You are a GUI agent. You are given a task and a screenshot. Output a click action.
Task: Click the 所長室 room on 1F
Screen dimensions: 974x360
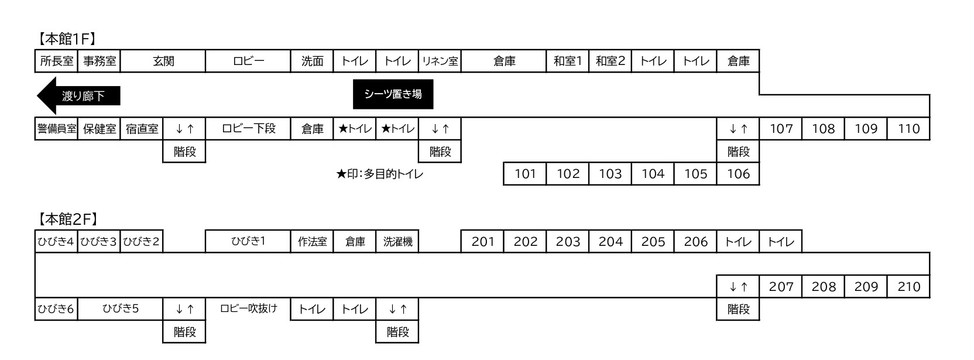(x=57, y=61)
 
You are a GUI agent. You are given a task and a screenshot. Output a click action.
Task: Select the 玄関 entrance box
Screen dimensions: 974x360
(x=163, y=61)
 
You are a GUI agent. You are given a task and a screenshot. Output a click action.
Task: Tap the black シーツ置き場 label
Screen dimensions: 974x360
(x=393, y=94)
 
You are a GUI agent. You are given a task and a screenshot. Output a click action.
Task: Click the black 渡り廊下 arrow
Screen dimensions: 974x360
(x=78, y=95)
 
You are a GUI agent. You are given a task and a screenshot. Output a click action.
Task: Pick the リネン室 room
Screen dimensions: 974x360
(x=440, y=61)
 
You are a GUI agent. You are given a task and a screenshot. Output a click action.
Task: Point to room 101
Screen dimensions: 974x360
(x=525, y=174)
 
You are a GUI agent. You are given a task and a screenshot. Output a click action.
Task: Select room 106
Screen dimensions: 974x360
(x=738, y=174)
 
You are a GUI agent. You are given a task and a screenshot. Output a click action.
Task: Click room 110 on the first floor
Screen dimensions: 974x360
(x=909, y=129)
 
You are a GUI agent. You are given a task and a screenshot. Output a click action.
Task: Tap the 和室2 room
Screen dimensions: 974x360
(x=611, y=61)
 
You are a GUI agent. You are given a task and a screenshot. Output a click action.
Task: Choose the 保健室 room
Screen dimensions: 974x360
(x=99, y=129)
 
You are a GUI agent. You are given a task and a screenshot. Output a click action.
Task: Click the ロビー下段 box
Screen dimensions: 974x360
(x=248, y=129)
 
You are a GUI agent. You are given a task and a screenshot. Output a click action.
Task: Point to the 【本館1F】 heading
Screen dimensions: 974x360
(x=67, y=39)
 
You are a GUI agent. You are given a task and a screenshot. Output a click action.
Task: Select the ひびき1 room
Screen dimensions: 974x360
(x=248, y=241)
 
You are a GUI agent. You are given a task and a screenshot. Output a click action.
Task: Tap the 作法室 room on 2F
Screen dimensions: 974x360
(x=312, y=241)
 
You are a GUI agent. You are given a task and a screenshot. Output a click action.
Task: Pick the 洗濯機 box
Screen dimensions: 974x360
(x=397, y=241)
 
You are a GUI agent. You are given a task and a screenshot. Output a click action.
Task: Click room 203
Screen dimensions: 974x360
(x=568, y=241)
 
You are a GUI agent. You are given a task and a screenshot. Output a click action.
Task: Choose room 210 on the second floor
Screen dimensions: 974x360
(x=909, y=286)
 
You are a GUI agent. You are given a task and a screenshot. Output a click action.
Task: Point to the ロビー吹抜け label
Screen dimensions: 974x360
(x=248, y=308)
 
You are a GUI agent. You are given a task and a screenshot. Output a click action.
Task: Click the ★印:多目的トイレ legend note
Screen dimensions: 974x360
(x=380, y=174)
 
